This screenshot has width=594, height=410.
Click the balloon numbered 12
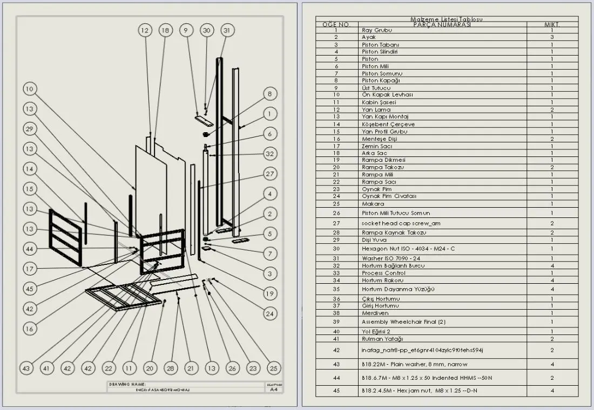[144, 31]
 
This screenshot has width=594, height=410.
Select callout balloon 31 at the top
[227, 31]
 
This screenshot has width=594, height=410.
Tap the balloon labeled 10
[30, 88]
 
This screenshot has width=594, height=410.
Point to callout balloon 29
[30, 128]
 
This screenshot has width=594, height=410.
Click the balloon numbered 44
[30, 249]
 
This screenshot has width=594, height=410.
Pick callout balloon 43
[26, 368]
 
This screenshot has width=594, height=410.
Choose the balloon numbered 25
[274, 368]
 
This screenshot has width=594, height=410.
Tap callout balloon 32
[270, 153]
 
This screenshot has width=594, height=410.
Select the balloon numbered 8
[270, 94]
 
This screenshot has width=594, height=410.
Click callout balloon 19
[270, 293]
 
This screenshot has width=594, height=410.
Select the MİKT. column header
[551, 25]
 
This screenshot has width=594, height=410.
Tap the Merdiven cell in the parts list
[375, 313]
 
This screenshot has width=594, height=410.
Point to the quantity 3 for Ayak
[551, 37]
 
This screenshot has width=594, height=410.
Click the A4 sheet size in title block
[274, 389]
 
